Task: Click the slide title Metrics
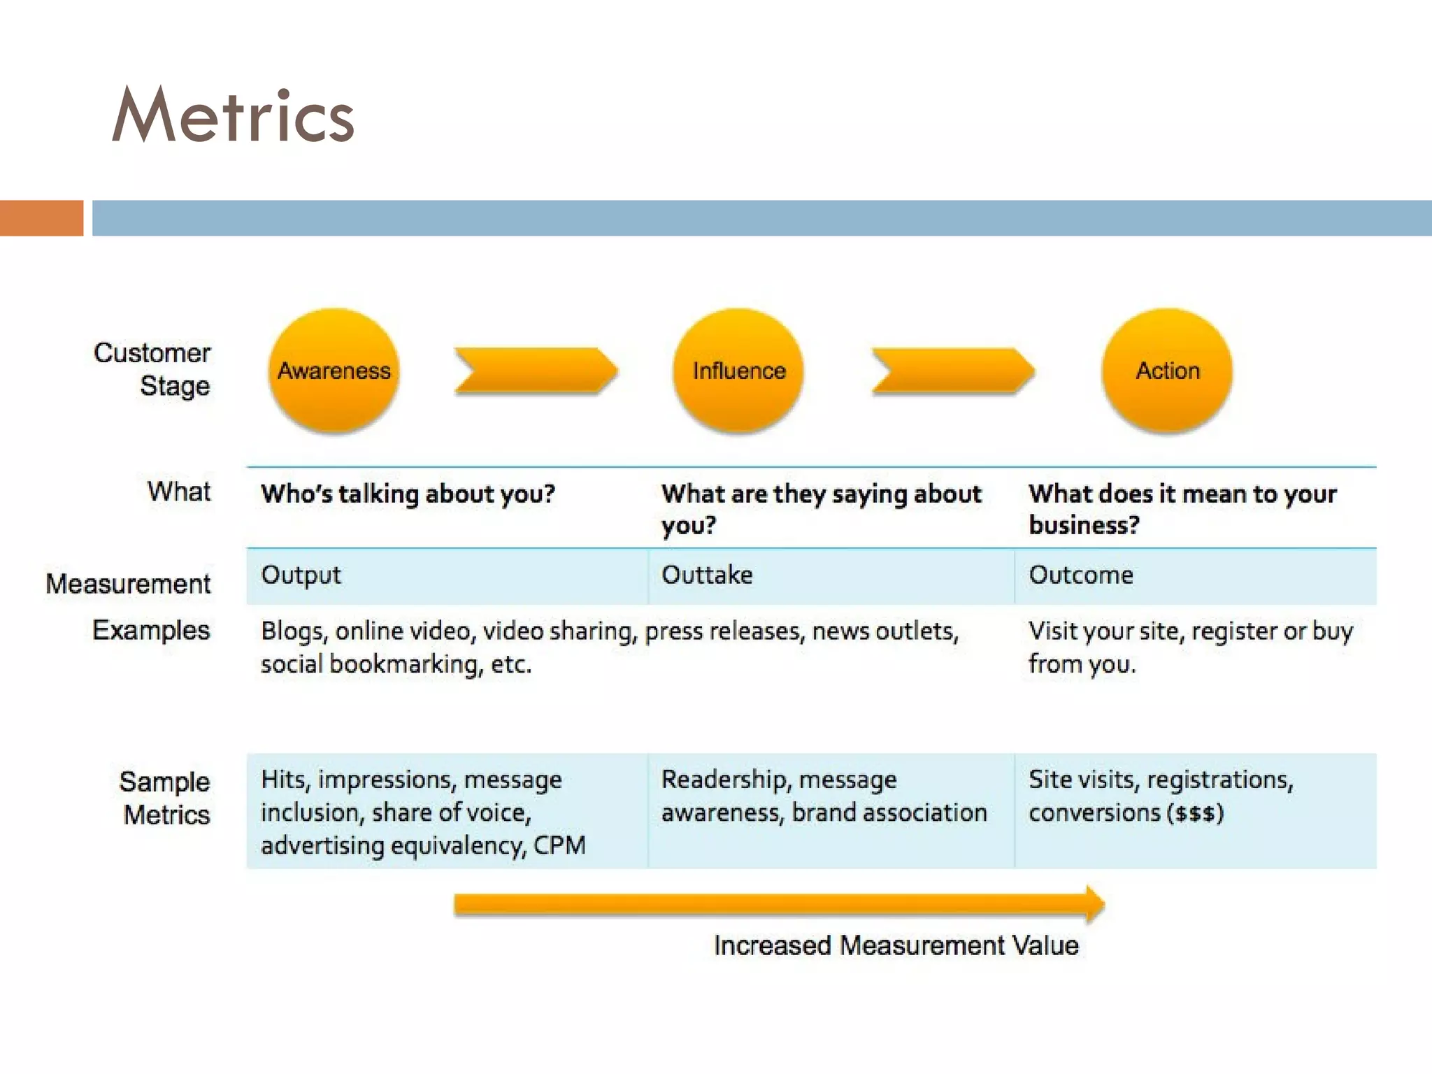pos(233,115)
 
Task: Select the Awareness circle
pos(334,371)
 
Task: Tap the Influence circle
pos(738,371)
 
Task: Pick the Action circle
pos(1167,371)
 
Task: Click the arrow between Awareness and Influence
pos(536,371)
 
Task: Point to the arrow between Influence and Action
pos(952,371)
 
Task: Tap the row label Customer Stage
pos(152,369)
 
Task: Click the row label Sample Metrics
pos(165,798)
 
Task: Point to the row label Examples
pos(151,630)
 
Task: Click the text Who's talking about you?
pos(408,494)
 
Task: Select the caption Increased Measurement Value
pos(896,945)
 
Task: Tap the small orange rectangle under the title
pos(41,218)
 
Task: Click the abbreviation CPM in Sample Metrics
pos(559,845)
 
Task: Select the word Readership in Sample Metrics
pos(724,780)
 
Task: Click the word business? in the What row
pos(1084,525)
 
